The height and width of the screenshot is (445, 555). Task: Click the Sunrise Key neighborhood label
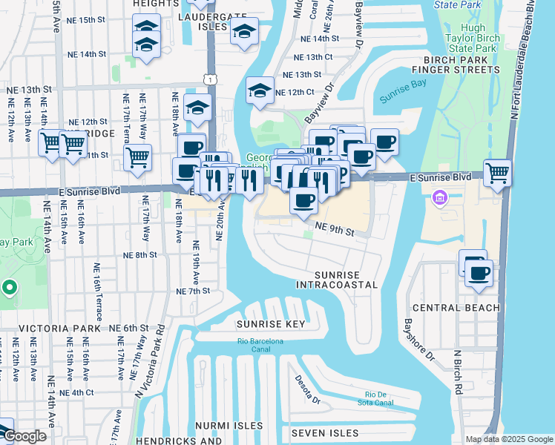tap(271, 324)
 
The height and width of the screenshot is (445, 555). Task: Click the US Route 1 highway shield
tap(212, 79)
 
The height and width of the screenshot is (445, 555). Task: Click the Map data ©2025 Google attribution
tap(509, 439)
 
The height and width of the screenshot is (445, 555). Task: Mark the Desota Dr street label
tap(303, 384)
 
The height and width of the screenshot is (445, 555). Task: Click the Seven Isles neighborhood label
tap(324, 432)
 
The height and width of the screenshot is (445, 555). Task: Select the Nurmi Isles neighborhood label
tap(229, 426)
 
